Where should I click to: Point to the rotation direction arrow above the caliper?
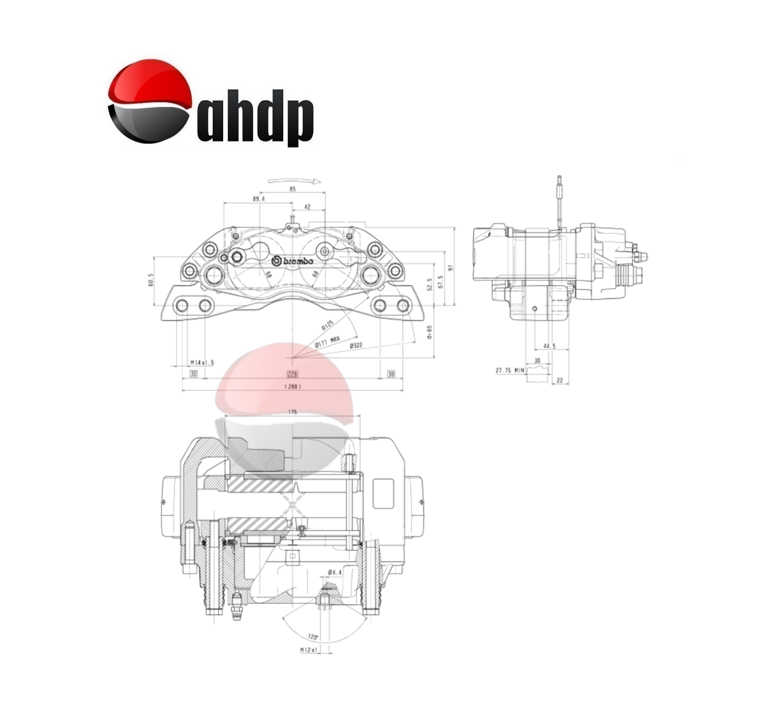[293, 181]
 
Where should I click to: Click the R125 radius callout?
[327, 325]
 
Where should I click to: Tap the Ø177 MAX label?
[327, 341]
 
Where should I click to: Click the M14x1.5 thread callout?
[202, 363]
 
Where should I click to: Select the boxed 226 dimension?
[292, 374]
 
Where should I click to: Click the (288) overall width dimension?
[292, 386]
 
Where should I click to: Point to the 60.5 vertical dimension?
[151, 280]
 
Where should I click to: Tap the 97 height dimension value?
[450, 267]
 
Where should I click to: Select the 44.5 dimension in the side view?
[549, 346]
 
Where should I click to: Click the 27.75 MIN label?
[510, 370]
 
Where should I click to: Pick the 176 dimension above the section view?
[292, 412]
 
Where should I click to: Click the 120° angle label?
[313, 637]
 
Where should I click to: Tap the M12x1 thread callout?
[309, 650]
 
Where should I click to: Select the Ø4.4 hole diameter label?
[335, 572]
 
